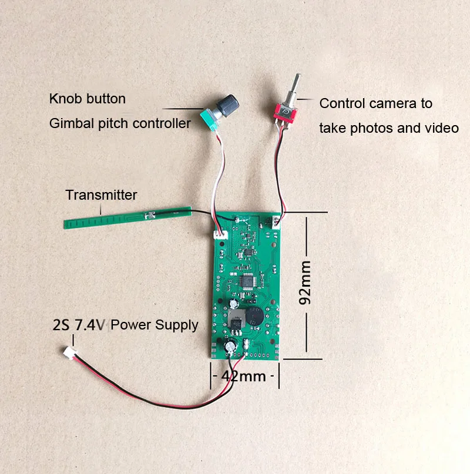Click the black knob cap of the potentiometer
[226, 103]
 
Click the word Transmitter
[101, 195]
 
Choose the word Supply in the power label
[179, 325]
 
